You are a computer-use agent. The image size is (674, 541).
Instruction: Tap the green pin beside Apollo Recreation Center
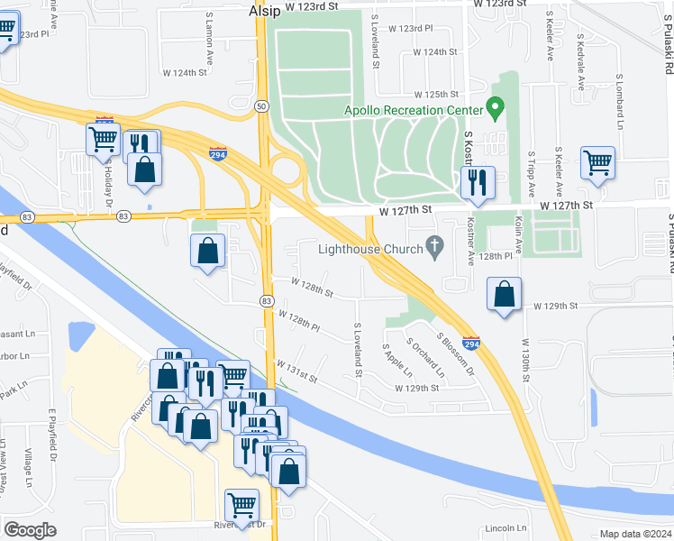click(x=495, y=110)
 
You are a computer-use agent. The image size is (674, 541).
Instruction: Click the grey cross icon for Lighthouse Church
click(x=435, y=245)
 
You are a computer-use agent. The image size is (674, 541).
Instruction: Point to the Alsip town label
click(x=266, y=12)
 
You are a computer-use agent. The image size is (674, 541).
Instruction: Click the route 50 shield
click(x=260, y=106)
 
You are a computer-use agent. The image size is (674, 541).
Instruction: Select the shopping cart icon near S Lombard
click(x=598, y=164)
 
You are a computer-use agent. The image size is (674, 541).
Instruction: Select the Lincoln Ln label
click(x=505, y=527)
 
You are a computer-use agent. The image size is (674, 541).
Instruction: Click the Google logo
click(x=31, y=530)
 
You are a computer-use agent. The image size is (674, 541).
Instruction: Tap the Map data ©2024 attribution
click(x=635, y=534)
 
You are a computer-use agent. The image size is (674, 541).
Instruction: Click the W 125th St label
click(x=437, y=95)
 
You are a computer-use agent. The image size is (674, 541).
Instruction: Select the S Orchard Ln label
click(x=425, y=357)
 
